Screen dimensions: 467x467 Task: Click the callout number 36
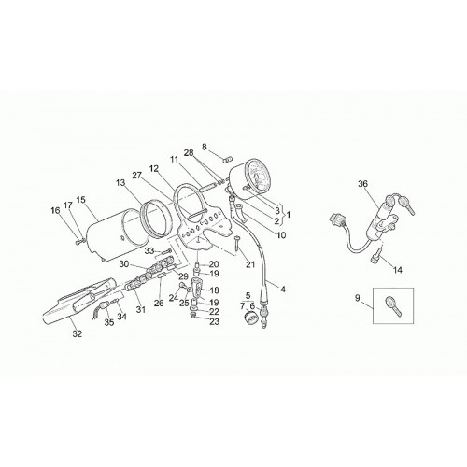[x=362, y=184]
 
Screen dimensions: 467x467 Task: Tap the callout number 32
[x=78, y=334]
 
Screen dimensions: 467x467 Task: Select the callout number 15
[x=80, y=200]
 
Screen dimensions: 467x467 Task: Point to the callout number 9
[x=357, y=298]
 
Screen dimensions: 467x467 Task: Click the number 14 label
[x=398, y=270]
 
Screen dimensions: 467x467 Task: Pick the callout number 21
[x=250, y=264]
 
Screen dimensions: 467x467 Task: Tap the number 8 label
[x=205, y=147]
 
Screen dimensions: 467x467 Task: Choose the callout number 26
[x=159, y=304]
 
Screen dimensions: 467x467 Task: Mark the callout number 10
[x=281, y=235]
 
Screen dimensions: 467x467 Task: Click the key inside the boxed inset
[x=393, y=306]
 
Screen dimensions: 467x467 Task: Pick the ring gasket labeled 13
[x=156, y=219]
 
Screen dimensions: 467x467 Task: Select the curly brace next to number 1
[x=281, y=215]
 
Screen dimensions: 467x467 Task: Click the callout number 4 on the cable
[x=283, y=290]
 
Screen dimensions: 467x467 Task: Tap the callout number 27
[x=136, y=176]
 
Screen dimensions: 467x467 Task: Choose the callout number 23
[x=214, y=321]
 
